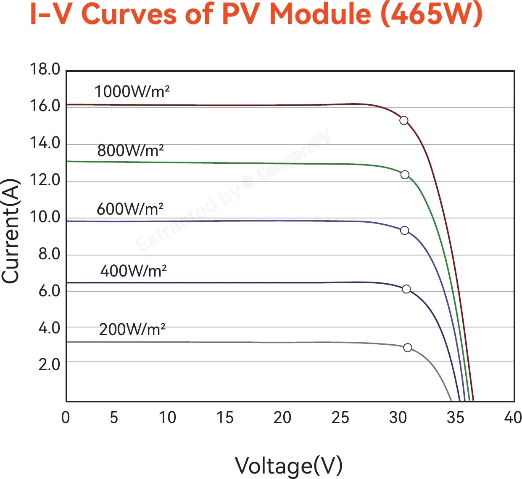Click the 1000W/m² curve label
coord(132,91)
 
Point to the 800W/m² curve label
coord(130,150)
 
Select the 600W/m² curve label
coord(130,209)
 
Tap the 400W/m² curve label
coord(133,271)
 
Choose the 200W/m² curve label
coord(132,330)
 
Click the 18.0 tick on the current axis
coord(45,69)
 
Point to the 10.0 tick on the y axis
coord(45,217)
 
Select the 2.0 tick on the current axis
coord(49,365)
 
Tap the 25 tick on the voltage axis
coord(340,417)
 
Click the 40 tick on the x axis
coord(513,417)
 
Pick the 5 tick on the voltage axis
coord(114,417)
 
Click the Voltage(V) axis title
coord(289,466)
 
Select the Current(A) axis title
coord(11,231)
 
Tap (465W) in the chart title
coord(432,14)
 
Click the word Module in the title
coord(320,14)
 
